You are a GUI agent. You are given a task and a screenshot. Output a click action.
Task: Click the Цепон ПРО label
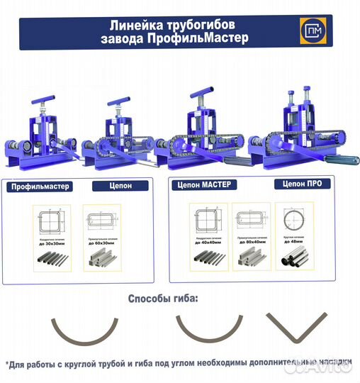[294, 184]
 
